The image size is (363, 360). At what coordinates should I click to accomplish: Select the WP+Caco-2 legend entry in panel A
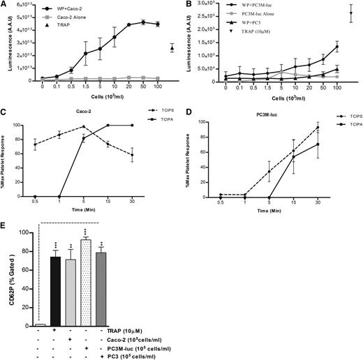[66, 9]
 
